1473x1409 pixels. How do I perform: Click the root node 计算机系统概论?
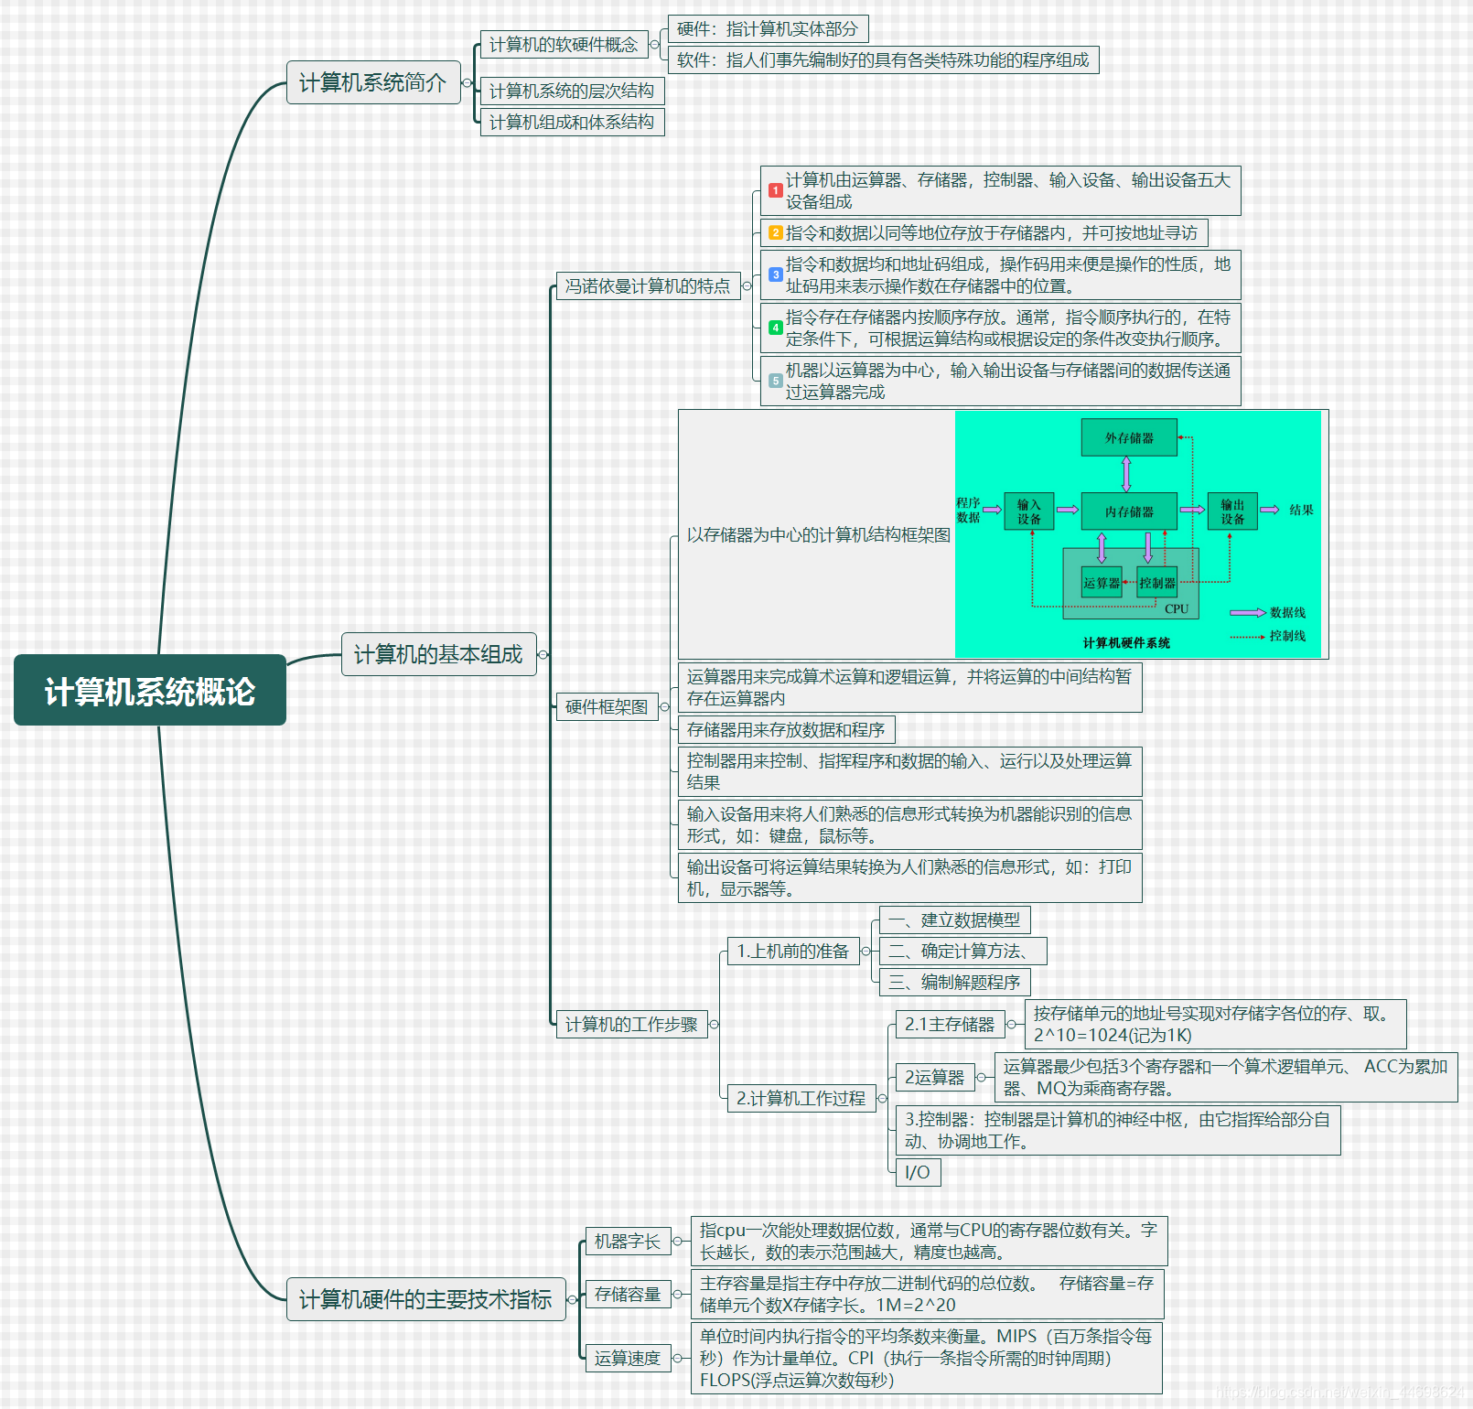[x=150, y=691]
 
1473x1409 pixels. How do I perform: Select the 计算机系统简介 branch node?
[x=373, y=82]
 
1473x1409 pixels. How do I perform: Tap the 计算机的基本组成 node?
[x=438, y=654]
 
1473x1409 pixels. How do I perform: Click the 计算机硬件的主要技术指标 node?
[x=425, y=1299]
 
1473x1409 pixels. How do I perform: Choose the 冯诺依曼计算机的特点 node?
[x=648, y=285]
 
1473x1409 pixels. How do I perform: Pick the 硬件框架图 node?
[x=607, y=706]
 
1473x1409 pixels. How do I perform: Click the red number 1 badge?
[x=775, y=190]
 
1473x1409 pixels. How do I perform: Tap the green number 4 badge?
[x=775, y=328]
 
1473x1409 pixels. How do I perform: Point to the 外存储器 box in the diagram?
[x=1129, y=437]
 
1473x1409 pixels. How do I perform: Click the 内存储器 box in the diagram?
[x=1129, y=511]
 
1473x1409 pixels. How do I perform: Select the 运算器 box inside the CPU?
[x=1102, y=583]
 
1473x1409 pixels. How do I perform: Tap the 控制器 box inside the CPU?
[x=1157, y=583]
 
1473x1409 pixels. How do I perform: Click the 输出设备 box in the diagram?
[x=1232, y=511]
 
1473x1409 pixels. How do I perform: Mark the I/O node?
[x=918, y=1172]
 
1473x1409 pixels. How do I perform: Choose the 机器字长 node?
[x=628, y=1242]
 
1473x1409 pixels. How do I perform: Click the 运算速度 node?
[x=628, y=1358]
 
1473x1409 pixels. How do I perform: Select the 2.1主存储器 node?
[x=950, y=1025]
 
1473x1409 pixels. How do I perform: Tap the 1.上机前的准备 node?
[x=793, y=952]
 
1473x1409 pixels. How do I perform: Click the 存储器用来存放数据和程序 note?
[x=786, y=729]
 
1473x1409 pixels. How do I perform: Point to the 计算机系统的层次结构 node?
[x=572, y=91]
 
